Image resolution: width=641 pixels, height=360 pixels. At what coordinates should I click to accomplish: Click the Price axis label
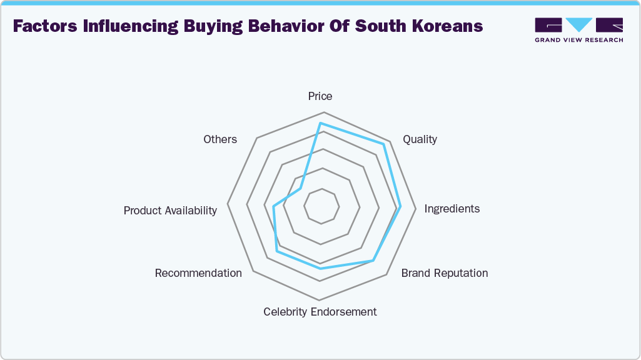pos(320,96)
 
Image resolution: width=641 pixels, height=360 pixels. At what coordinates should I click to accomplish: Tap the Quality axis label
pos(420,139)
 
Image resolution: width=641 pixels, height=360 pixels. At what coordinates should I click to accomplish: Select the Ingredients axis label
pos(452,209)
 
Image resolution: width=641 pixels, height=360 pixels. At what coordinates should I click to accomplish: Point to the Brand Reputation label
pos(445,273)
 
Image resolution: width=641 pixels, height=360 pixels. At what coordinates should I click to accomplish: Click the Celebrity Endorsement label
pos(320,312)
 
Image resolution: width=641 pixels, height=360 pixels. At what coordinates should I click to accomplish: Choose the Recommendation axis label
pos(198,273)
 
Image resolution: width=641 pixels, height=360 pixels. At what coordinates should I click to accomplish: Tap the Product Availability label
pos(170,211)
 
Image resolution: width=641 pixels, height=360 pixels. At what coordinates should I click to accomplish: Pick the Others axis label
pos(220,139)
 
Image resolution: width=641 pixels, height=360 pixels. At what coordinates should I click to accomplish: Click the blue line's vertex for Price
pos(321,123)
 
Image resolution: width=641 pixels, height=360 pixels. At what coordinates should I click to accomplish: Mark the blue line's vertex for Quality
pos(384,144)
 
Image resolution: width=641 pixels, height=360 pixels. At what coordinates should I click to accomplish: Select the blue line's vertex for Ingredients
pos(400,207)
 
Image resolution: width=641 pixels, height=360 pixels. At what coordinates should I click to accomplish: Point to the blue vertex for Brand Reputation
pos(373,259)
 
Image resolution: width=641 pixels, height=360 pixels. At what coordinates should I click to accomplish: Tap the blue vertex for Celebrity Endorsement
pos(321,269)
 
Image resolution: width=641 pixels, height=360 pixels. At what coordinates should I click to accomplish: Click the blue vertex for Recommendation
pos(278,252)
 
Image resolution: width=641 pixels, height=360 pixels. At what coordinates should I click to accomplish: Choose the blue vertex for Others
pos(301,188)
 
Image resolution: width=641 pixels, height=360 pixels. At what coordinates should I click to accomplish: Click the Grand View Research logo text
pos(578,40)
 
